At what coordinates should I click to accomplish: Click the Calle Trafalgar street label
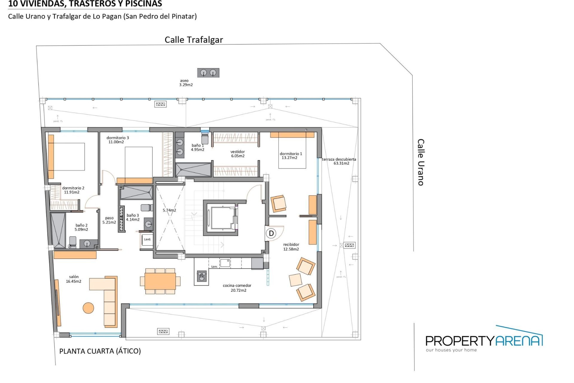click(194, 40)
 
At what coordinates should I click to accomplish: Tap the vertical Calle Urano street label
click(421, 162)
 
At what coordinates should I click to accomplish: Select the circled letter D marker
click(271, 233)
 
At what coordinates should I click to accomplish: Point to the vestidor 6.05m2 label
click(238, 154)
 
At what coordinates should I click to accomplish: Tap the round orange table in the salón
click(88, 308)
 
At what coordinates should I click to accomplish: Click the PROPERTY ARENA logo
click(484, 341)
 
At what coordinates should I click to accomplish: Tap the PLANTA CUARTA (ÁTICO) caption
click(100, 351)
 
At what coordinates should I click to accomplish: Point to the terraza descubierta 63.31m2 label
click(339, 161)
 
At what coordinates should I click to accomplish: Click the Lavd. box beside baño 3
click(147, 240)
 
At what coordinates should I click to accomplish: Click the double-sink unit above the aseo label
click(208, 73)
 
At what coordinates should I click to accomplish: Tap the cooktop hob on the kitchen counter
click(202, 276)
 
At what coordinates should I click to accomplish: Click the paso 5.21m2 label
click(109, 220)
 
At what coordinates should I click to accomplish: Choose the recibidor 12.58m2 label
click(291, 247)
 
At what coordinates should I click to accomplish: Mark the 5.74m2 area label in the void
click(169, 210)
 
